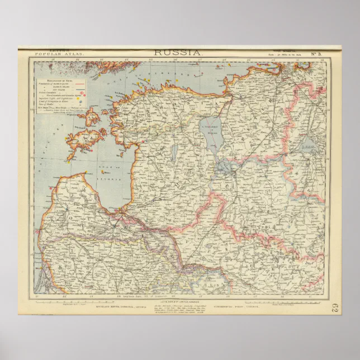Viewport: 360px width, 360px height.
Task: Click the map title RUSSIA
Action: tap(177, 52)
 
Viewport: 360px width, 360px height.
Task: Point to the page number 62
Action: tap(334, 308)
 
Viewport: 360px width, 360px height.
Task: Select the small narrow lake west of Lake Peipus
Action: tap(176, 151)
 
